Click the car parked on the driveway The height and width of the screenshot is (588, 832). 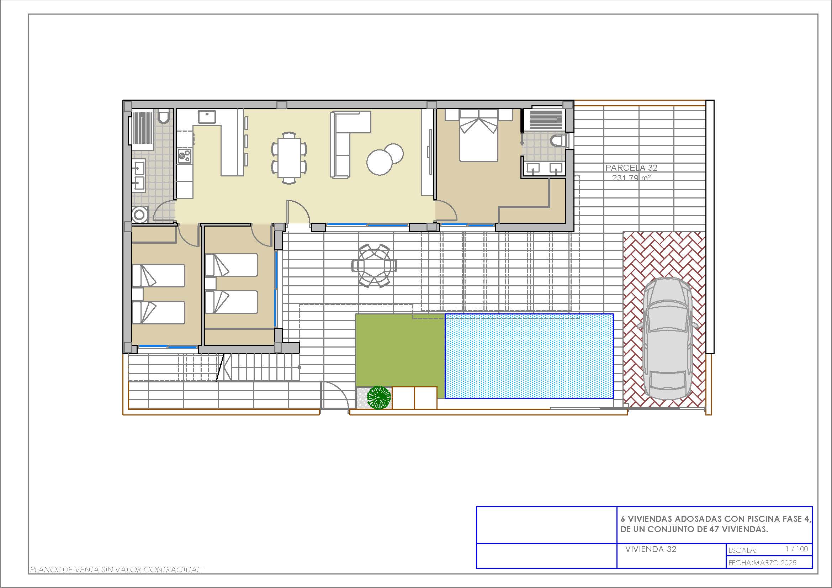(x=667, y=339)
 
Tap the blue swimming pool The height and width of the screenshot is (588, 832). (x=529, y=356)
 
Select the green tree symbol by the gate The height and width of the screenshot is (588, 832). (x=379, y=397)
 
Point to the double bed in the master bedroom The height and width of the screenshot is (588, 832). (x=478, y=136)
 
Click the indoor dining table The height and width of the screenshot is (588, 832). (x=289, y=158)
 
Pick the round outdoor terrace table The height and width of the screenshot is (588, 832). (x=374, y=266)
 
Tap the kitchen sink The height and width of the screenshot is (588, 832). (x=207, y=117)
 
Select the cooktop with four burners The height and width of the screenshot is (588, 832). (x=185, y=156)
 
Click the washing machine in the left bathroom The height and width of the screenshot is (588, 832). (x=140, y=214)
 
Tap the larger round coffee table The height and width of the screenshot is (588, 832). (x=380, y=162)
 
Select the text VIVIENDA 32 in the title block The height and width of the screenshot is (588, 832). (x=651, y=549)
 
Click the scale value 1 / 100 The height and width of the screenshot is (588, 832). (x=797, y=549)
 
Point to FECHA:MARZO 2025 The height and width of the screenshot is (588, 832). (x=762, y=563)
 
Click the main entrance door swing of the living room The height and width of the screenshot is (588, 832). (x=298, y=211)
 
